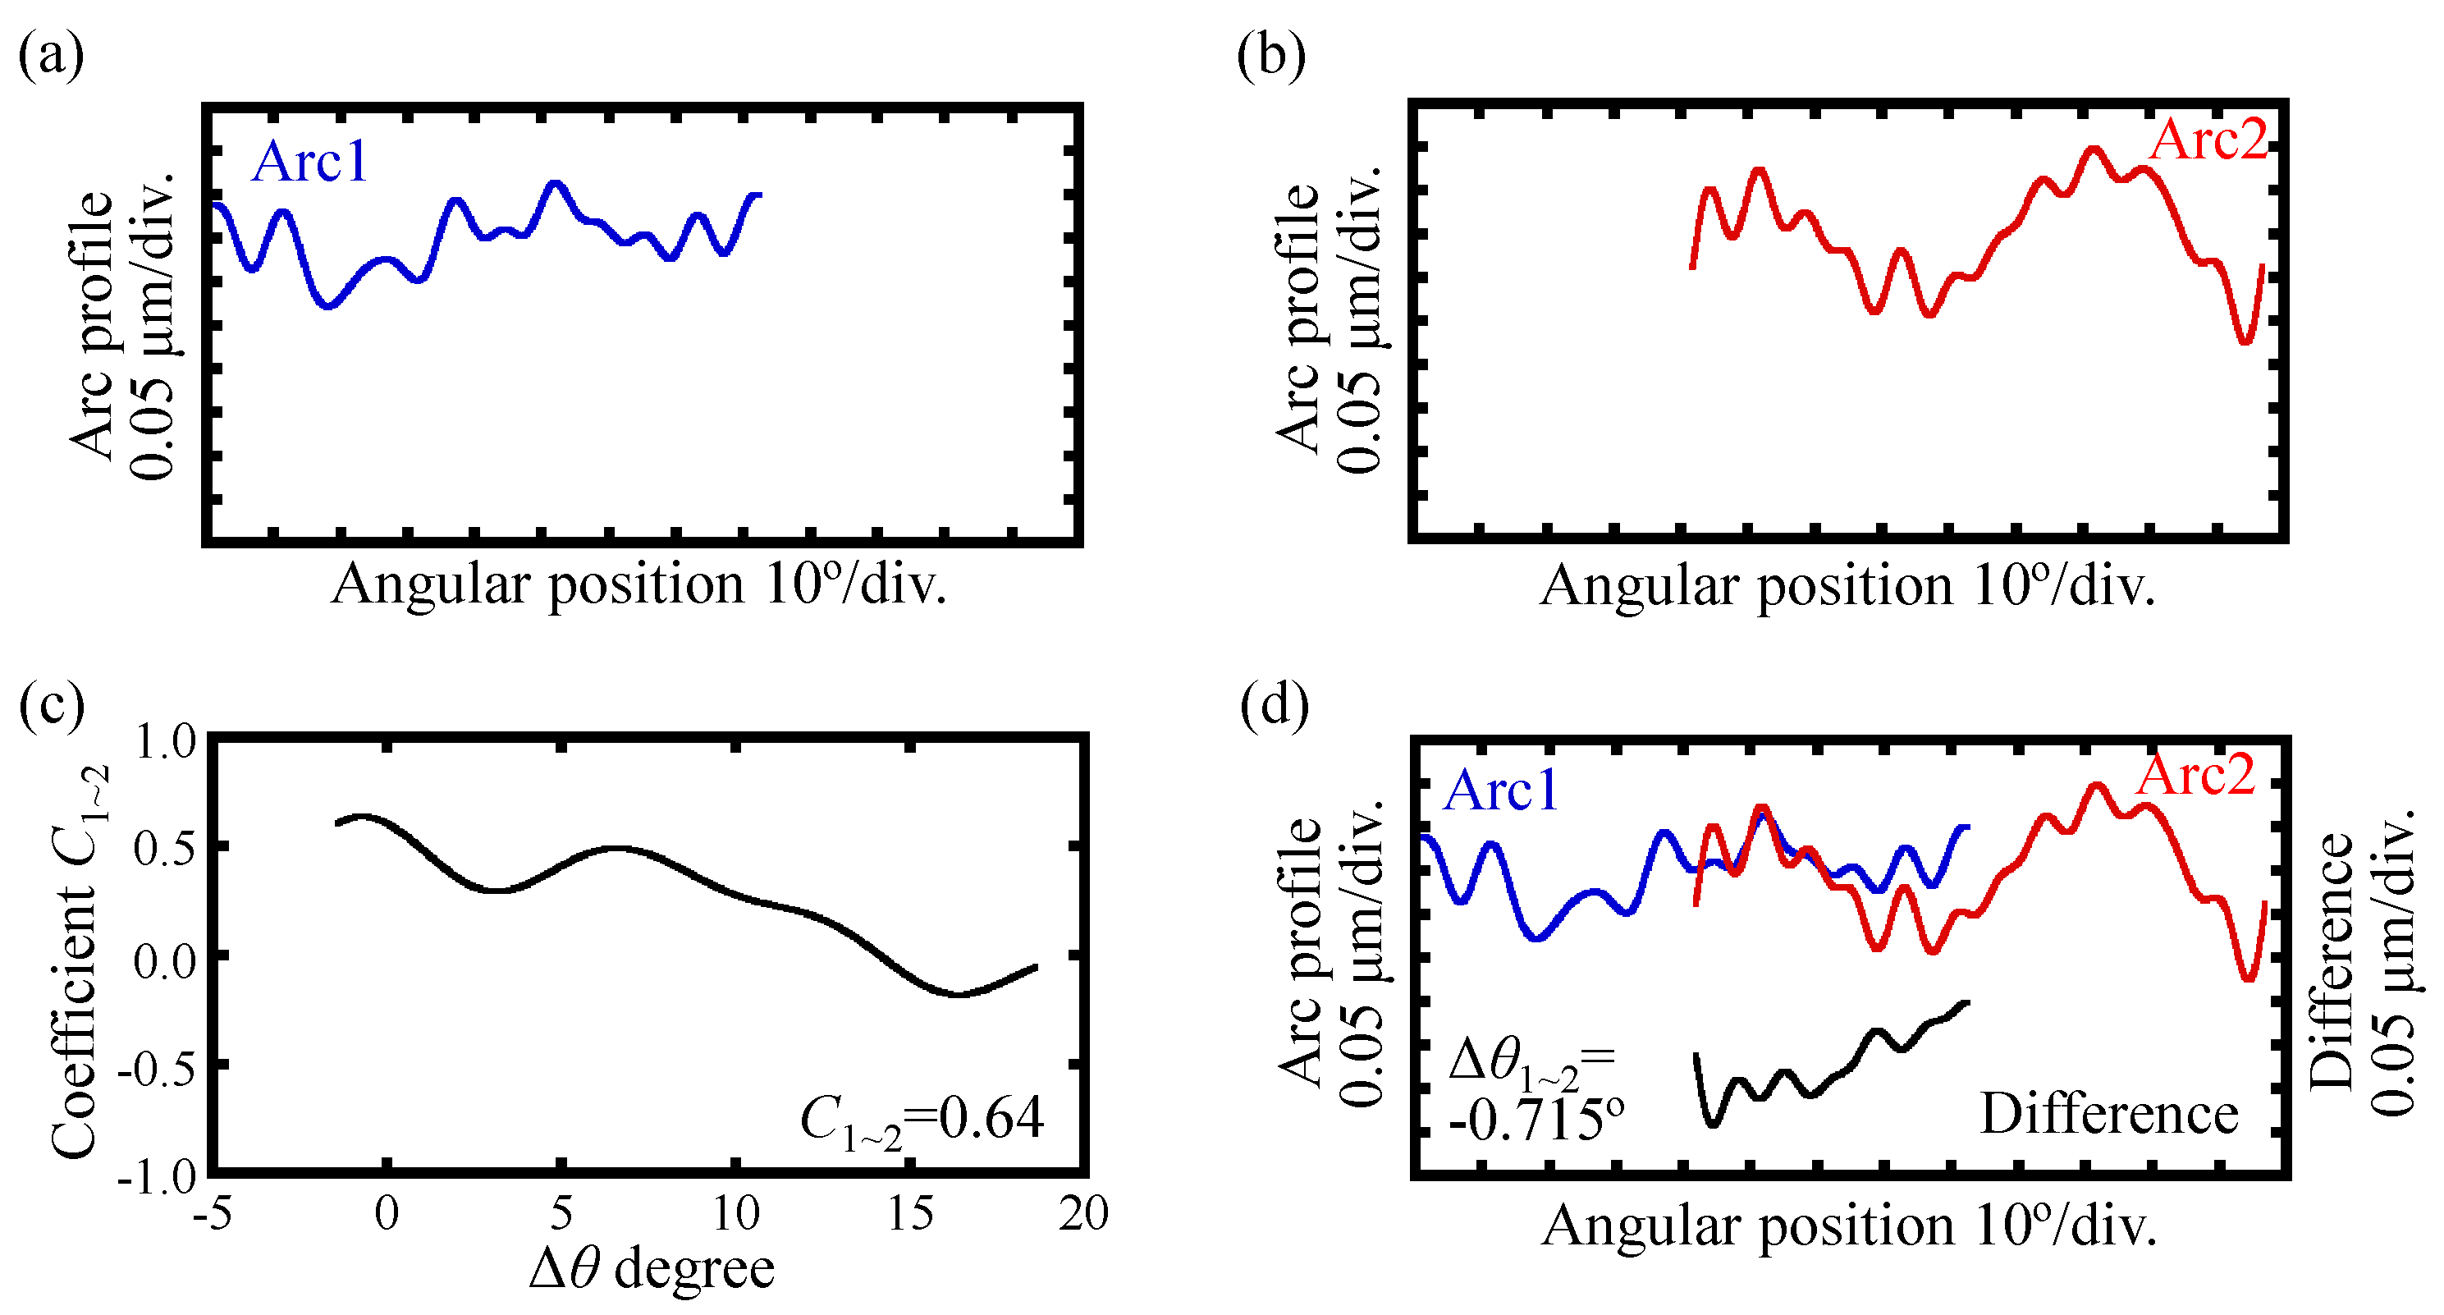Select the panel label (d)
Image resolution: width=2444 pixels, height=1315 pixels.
pos(1275,705)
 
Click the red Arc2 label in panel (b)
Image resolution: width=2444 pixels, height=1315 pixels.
pos(2208,140)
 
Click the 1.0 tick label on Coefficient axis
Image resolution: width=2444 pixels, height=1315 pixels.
pos(165,741)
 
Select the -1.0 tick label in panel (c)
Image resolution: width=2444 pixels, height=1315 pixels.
pos(157,1177)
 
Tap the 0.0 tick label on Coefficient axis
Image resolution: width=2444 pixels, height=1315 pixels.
pos(165,960)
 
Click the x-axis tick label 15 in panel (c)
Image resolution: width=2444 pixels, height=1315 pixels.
pos(910,1213)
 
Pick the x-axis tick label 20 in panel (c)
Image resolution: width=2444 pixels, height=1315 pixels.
pos(1083,1213)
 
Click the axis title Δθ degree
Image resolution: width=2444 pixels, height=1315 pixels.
pos(652,1268)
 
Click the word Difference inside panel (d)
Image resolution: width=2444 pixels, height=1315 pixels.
pos(2108,1114)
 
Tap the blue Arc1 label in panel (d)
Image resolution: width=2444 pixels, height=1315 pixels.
pos(1501,790)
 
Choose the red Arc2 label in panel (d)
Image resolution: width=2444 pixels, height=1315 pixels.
pos(2195,775)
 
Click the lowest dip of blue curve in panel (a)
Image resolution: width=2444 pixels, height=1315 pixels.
pos(328,305)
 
